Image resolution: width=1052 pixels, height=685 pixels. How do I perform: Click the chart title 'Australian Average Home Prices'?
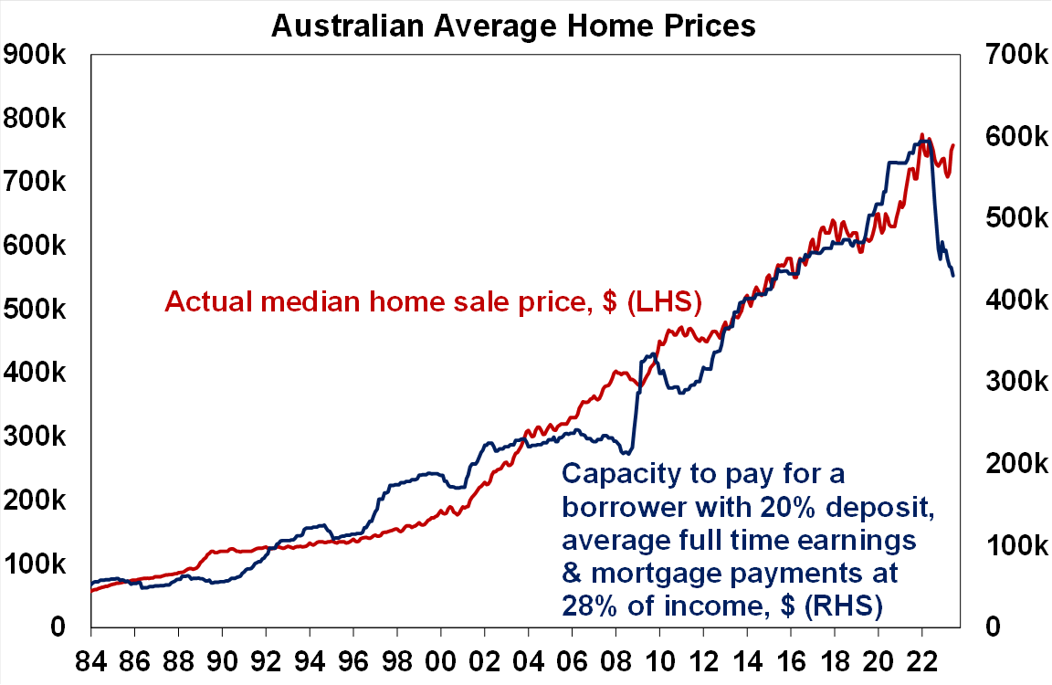[514, 26]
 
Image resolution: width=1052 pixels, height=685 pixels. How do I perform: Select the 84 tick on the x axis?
[91, 658]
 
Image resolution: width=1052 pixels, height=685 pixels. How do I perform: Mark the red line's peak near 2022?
[921, 135]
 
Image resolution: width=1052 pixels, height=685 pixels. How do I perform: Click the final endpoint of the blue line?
[953, 276]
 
